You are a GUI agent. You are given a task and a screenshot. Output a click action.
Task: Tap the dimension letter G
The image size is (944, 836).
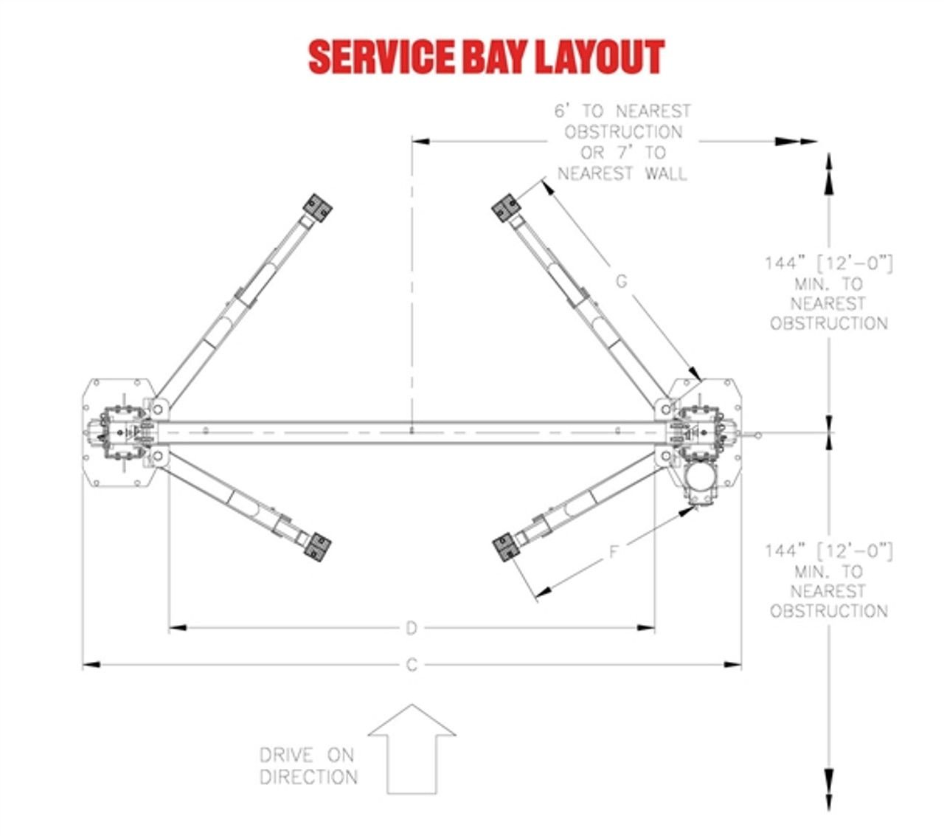point(622,282)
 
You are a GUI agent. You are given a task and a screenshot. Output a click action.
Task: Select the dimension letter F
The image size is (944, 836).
point(614,553)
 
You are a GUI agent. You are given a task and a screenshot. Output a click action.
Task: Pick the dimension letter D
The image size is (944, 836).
point(412,629)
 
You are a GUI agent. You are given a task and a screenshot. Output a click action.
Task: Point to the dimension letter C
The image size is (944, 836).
point(412,665)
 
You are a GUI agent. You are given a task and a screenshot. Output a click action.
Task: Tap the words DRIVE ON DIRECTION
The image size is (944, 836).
point(308,766)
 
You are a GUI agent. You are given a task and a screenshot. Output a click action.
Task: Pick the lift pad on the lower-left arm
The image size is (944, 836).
point(318,547)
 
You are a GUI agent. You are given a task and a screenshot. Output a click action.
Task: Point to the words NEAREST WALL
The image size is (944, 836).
point(622,173)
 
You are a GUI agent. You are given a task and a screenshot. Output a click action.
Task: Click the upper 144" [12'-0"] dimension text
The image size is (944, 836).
point(829,263)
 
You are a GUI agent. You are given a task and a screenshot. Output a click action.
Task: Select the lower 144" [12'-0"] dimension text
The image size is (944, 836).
point(829,551)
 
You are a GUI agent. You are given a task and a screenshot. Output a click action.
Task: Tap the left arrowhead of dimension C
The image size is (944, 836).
point(91,664)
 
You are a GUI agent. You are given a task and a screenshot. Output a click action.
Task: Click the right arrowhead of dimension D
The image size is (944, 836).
point(646,628)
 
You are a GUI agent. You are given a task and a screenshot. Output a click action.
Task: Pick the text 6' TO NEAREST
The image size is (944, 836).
point(622,111)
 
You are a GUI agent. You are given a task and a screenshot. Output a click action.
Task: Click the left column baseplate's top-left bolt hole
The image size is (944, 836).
point(97,383)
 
